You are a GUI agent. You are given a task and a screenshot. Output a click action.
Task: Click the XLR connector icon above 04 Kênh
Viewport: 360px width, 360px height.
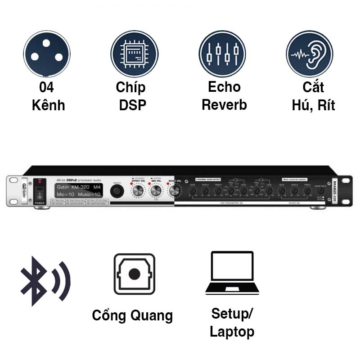[47, 54]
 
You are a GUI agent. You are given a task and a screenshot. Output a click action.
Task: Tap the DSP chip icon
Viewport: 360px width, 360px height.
[134, 54]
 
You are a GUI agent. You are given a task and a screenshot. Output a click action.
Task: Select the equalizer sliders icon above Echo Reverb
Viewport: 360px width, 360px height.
[222, 54]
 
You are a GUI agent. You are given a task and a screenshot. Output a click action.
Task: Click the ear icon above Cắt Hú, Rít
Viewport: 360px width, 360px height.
[310, 54]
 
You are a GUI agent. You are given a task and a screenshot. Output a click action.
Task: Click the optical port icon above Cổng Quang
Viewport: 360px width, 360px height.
[134, 274]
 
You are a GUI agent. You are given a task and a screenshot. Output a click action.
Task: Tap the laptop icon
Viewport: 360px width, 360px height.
[232, 273]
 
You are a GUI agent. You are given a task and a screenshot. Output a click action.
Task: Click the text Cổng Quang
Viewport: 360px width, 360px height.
[132, 315]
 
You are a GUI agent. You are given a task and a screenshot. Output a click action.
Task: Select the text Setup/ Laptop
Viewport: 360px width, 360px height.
[232, 323]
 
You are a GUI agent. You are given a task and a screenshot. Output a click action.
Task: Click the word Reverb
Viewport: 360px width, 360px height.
[224, 105]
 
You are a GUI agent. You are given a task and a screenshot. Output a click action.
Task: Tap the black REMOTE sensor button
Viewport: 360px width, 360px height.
[117, 191]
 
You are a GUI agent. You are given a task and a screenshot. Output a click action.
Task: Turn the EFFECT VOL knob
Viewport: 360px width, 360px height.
[137, 191]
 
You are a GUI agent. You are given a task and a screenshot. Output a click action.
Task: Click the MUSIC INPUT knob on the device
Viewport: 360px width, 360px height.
[320, 191]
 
